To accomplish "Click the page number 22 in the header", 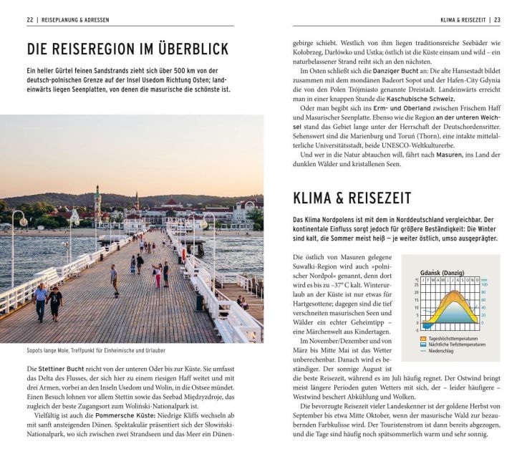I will click(x=31, y=20).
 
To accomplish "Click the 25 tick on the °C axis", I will click(x=416, y=284).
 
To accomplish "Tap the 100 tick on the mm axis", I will click(x=484, y=284).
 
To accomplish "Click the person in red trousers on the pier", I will click(x=158, y=276).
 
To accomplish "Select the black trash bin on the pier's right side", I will click(x=200, y=302).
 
